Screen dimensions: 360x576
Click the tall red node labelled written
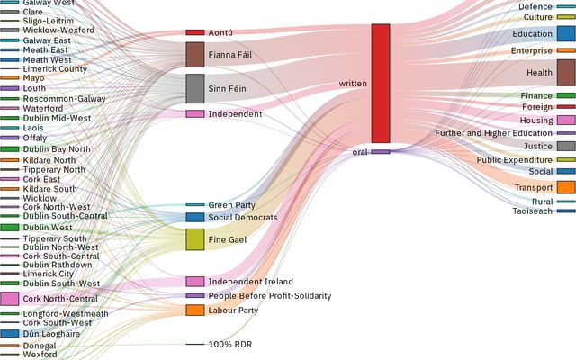pyautogui.click(x=381, y=83)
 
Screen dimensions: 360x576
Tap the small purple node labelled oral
pyautogui.click(x=381, y=152)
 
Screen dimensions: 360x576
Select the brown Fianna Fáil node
pyautogui.click(x=195, y=54)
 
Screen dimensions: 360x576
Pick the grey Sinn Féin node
pyautogui.click(x=195, y=88)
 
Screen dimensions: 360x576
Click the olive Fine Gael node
pyautogui.click(x=195, y=238)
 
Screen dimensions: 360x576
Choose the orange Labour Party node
pyautogui.click(x=195, y=310)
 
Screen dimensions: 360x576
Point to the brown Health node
pyautogui.click(x=566, y=72)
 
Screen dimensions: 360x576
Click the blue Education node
pyautogui.click(x=566, y=34)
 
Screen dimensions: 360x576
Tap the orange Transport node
pyautogui.click(x=566, y=187)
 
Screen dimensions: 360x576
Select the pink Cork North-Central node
pyautogui.click(x=10, y=299)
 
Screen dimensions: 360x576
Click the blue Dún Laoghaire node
pyautogui.click(x=10, y=333)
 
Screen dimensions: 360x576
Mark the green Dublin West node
pyautogui.click(x=10, y=228)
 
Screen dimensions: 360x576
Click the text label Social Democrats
pyautogui.click(x=243, y=218)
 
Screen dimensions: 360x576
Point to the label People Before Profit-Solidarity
pyautogui.click(x=270, y=296)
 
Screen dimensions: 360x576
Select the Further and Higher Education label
pyautogui.click(x=493, y=133)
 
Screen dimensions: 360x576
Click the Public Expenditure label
pyautogui.click(x=515, y=160)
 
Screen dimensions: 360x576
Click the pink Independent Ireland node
pyautogui.click(x=195, y=282)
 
